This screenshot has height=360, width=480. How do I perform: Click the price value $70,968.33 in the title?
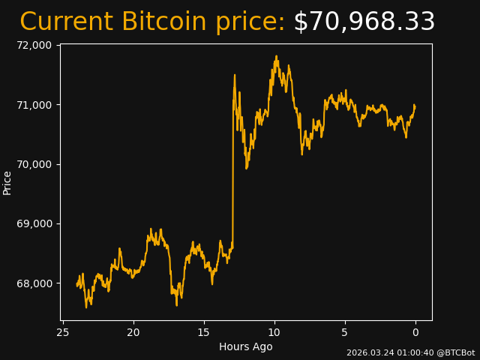tap(364, 22)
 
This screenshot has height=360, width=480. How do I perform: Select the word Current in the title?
tap(67, 22)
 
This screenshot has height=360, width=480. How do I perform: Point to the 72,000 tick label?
tap(34, 45)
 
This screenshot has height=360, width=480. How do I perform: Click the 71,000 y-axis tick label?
tap(34, 104)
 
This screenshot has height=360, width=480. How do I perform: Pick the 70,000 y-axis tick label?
tap(34, 164)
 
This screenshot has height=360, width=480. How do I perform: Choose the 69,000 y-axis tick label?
tap(34, 223)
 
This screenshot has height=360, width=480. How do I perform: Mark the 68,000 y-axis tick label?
tap(34, 283)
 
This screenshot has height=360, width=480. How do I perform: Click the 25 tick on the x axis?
tap(63, 332)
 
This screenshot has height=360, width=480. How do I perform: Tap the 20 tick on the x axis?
tap(133, 332)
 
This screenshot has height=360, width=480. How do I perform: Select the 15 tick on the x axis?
tap(204, 332)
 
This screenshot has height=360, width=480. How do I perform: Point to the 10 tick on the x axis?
tap(274, 332)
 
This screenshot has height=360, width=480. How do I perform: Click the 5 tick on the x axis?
tap(345, 332)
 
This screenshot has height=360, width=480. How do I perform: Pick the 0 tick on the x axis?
tap(415, 332)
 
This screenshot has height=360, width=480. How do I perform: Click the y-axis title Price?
tap(7, 182)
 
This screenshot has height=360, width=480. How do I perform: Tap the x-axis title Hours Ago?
tap(246, 346)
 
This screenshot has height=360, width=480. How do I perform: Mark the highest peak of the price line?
tap(276, 55)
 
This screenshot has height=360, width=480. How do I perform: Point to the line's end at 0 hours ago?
tap(415, 106)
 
